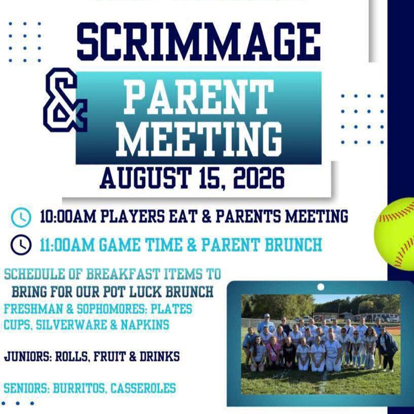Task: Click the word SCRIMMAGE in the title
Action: tap(199, 41)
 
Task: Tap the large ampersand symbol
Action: tap(65, 100)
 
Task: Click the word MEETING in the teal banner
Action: tap(199, 139)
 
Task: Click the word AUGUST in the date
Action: tap(145, 178)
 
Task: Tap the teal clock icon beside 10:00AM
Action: tap(21, 217)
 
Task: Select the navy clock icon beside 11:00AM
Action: tap(21, 245)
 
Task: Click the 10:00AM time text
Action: tap(67, 216)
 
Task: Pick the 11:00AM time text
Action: tap(67, 245)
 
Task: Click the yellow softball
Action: tap(394, 234)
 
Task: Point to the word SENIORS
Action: tap(27, 388)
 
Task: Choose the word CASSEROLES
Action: tap(143, 388)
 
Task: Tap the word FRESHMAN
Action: tap(33, 309)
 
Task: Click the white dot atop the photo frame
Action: tap(321, 286)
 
